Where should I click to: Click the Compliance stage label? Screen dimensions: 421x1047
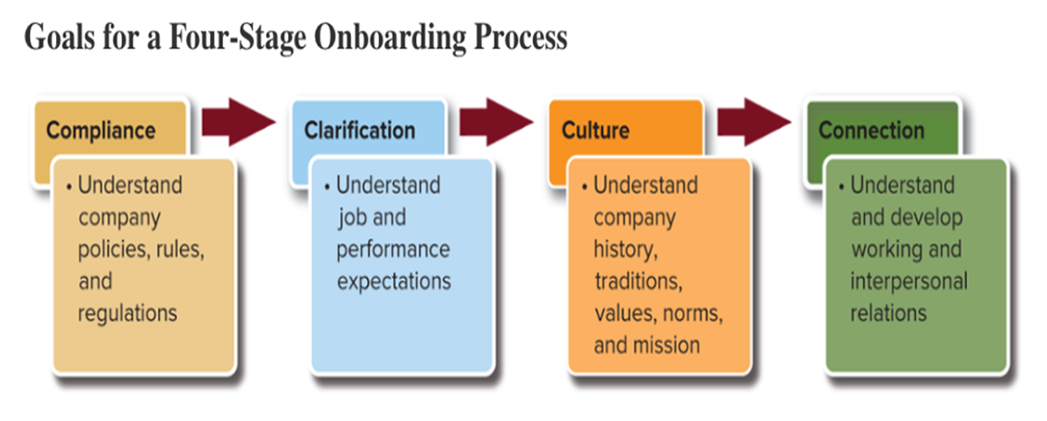point(101,130)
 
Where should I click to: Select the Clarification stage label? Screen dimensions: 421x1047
point(360,130)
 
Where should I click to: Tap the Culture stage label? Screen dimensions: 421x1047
point(595,130)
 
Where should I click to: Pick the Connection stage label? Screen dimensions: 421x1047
point(872,130)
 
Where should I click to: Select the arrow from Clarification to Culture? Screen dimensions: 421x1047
point(495,122)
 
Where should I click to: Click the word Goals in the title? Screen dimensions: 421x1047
point(60,37)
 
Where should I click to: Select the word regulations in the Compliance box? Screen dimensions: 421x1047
point(127,314)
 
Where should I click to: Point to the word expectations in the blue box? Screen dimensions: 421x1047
point(394,282)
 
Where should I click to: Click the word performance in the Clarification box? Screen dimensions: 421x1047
point(393,249)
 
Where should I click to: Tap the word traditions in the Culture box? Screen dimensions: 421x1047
point(637,282)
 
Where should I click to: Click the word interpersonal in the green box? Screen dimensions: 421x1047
point(909,282)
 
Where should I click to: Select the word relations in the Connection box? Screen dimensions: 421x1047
point(888,314)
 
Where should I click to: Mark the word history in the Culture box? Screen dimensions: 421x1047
point(624,249)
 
